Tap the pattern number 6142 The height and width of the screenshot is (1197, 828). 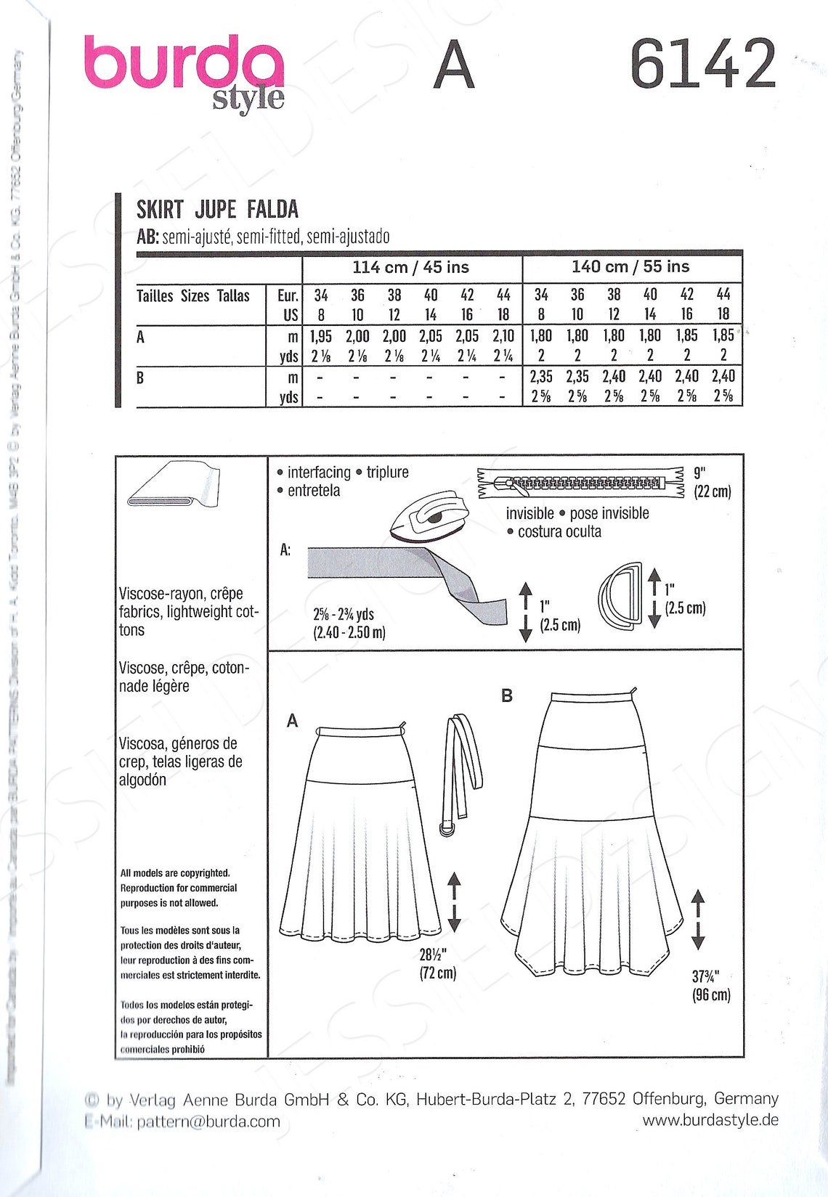702,65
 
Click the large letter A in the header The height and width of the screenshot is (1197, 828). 454,67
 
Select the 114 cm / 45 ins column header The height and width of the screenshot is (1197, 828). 411,268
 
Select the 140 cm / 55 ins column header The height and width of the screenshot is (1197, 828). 630,267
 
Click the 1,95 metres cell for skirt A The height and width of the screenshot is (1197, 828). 320,337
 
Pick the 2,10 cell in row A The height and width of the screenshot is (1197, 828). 503,337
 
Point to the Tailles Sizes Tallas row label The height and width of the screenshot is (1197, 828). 193,296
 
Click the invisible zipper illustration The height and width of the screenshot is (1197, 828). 581,483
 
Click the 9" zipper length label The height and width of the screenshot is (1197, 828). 712,483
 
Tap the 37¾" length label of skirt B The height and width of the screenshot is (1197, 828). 711,986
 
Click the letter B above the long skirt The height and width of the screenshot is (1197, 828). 507,696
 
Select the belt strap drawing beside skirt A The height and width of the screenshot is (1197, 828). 459,769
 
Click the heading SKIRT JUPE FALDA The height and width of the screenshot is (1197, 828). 217,210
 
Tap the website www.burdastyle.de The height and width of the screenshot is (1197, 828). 710,1120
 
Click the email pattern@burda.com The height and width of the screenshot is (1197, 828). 208,1122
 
